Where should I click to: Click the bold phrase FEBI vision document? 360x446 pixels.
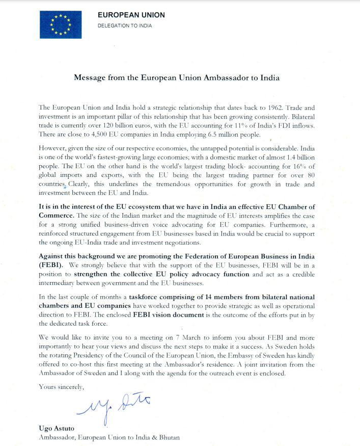pos(162,315)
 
